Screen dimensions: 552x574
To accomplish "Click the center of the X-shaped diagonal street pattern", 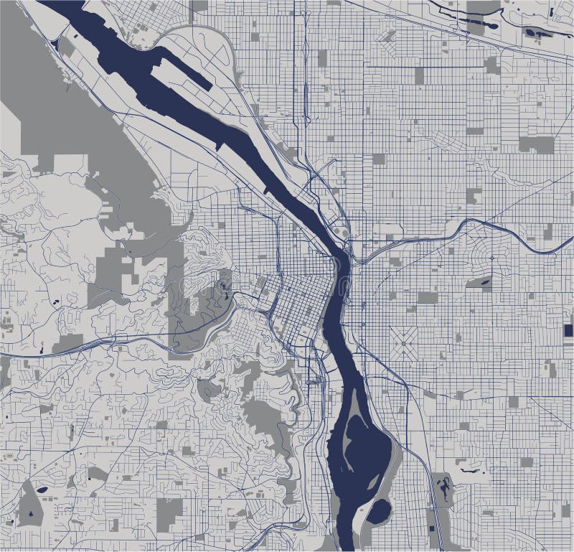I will (405, 342).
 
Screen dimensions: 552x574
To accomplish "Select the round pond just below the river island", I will (378, 511).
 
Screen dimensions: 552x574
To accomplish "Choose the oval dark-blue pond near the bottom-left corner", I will (43, 490).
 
